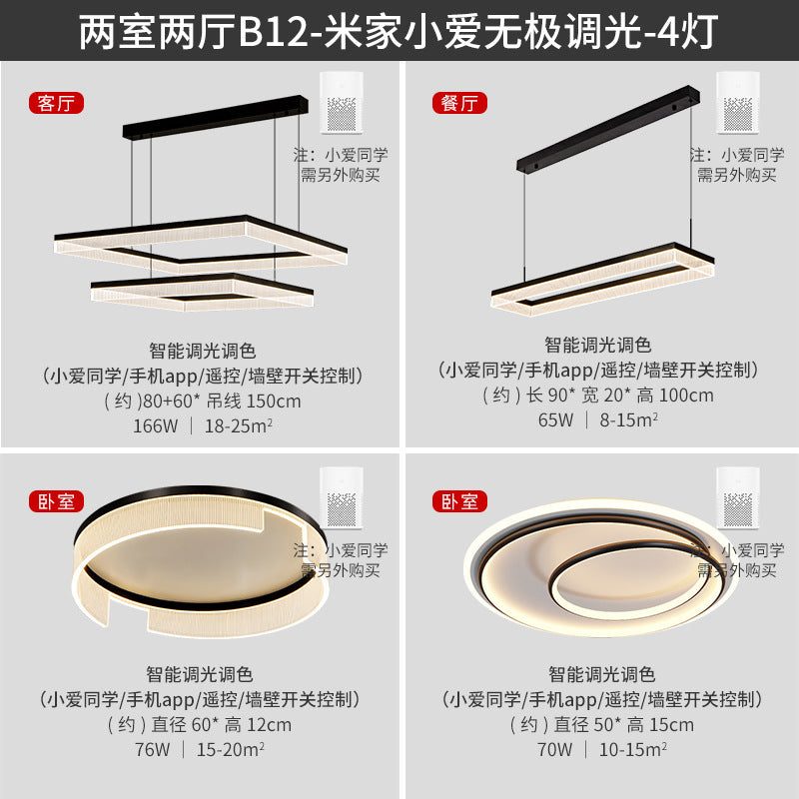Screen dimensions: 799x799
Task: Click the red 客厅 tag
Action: point(56,102)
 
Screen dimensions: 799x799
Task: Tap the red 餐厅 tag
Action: point(457,102)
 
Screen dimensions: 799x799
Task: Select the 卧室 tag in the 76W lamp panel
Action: point(56,501)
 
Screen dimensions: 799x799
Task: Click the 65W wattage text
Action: point(555,419)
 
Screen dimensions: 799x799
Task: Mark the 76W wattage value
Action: point(152,749)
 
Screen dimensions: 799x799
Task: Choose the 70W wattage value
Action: point(555,749)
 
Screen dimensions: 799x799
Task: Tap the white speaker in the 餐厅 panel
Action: point(740,103)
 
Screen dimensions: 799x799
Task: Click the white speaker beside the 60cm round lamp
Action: point(342,499)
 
